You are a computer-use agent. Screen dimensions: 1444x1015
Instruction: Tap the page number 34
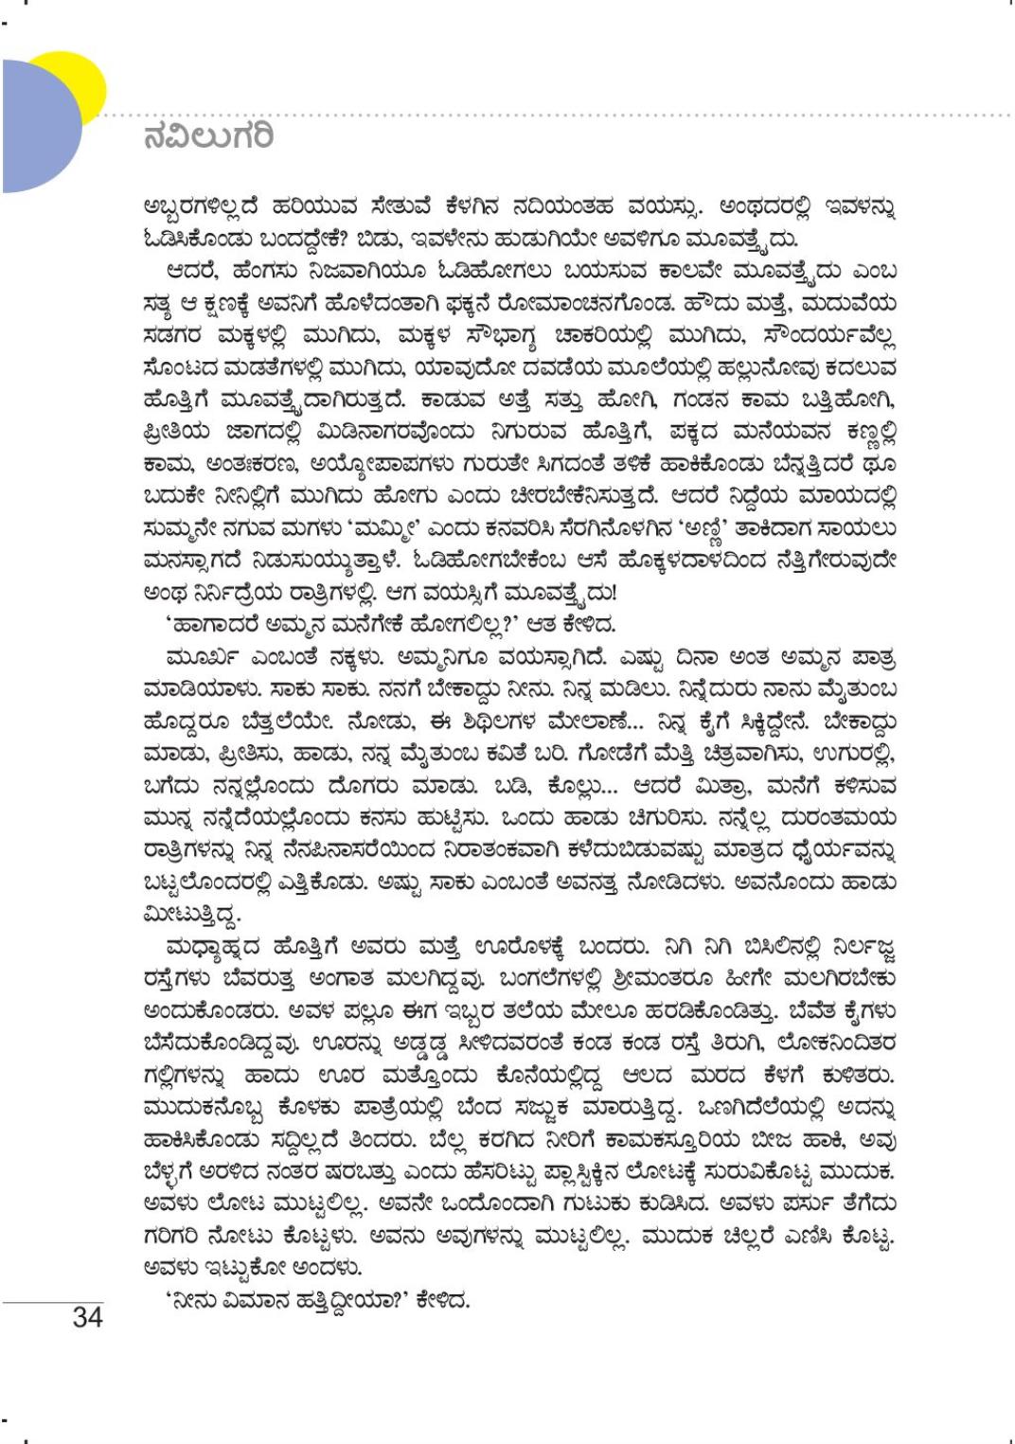click(x=87, y=1316)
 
